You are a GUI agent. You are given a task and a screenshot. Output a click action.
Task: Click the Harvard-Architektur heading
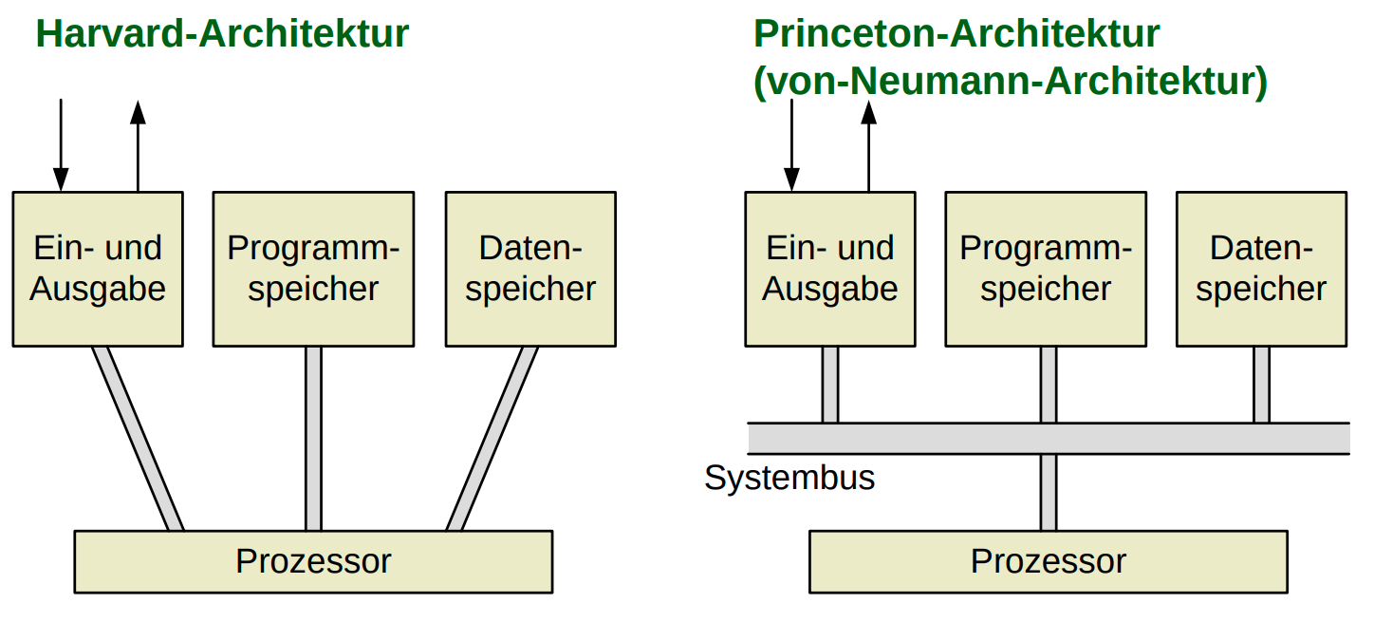click(222, 34)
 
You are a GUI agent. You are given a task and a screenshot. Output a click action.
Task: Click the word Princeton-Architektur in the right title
click(956, 34)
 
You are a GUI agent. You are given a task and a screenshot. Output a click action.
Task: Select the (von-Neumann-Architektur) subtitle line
click(1011, 82)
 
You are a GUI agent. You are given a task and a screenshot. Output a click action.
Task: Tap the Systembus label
click(789, 478)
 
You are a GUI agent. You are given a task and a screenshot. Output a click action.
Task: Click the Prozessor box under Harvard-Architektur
click(313, 561)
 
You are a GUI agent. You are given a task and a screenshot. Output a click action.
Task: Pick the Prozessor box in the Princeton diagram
click(1048, 561)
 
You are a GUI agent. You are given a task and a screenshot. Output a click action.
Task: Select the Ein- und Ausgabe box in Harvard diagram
click(98, 269)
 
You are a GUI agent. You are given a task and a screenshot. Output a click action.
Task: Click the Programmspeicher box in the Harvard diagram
click(313, 269)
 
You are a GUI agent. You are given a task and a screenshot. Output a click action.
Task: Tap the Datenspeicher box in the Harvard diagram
click(530, 269)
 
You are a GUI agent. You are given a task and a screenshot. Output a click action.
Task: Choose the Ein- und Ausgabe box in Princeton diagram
click(830, 269)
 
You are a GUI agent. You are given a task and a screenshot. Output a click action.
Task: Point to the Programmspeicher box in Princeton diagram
click(1047, 269)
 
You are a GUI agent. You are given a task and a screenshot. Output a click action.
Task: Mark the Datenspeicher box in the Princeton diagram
click(1261, 269)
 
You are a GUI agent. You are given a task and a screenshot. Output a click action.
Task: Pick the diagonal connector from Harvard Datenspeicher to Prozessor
click(492, 438)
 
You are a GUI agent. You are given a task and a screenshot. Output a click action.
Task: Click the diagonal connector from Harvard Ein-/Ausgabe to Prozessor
click(139, 438)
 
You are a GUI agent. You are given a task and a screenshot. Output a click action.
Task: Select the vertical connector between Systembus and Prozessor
click(1048, 492)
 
